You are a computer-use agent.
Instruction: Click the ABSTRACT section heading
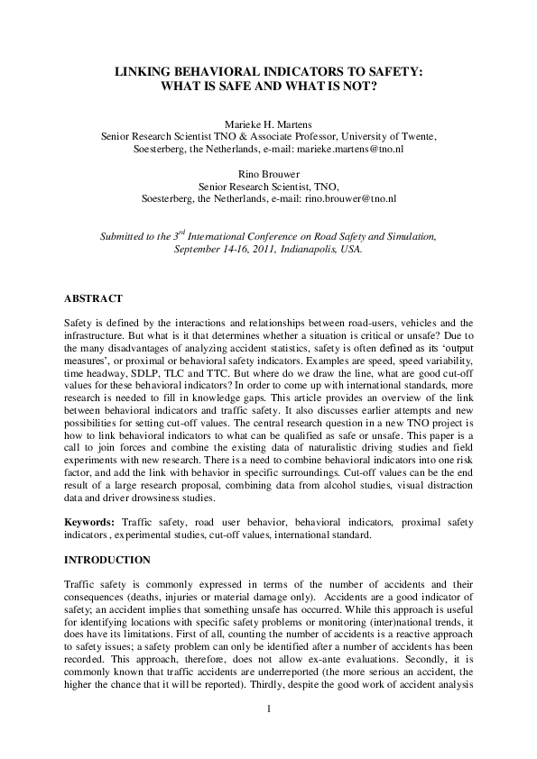tap(93, 298)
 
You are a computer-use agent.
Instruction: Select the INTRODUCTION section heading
tap(106, 560)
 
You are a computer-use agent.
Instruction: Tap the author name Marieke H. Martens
tap(268, 123)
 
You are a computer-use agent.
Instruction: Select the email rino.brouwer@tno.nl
tap(350, 198)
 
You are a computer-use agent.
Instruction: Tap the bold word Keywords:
tap(89, 522)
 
